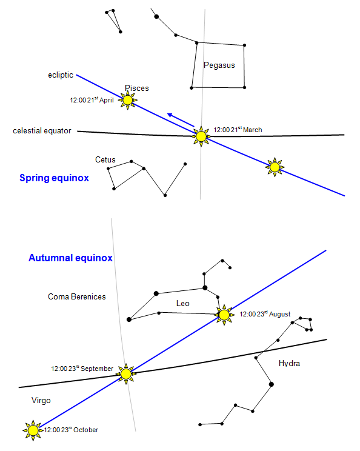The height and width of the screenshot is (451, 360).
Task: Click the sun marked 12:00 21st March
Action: point(201,136)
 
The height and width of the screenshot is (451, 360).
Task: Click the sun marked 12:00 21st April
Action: point(128,100)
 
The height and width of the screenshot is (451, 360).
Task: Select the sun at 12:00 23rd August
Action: point(224,315)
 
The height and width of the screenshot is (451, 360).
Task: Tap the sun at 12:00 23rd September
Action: point(125,374)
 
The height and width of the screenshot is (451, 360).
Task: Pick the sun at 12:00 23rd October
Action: point(33,430)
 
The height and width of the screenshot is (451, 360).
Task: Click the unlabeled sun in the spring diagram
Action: point(275,167)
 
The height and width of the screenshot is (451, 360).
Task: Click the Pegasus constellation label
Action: point(219,65)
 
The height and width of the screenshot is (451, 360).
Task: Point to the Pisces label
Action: point(137,88)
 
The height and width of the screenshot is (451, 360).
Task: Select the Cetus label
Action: point(105,159)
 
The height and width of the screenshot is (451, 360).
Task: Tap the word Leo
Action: point(183,304)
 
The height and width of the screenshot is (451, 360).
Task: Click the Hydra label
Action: point(289,363)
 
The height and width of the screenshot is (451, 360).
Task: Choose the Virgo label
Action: point(41,400)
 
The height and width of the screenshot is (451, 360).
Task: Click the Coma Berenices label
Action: point(77,296)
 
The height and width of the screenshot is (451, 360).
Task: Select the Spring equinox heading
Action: point(55,178)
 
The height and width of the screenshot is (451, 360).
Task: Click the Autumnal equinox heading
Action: point(70,258)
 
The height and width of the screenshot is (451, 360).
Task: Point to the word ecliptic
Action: point(61,75)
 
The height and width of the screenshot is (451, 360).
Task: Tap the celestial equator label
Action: point(42,131)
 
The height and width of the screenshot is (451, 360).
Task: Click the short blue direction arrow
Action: point(181,120)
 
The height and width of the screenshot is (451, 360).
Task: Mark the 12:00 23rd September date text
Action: point(82,369)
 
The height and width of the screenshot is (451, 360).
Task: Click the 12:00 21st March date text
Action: point(238,130)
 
